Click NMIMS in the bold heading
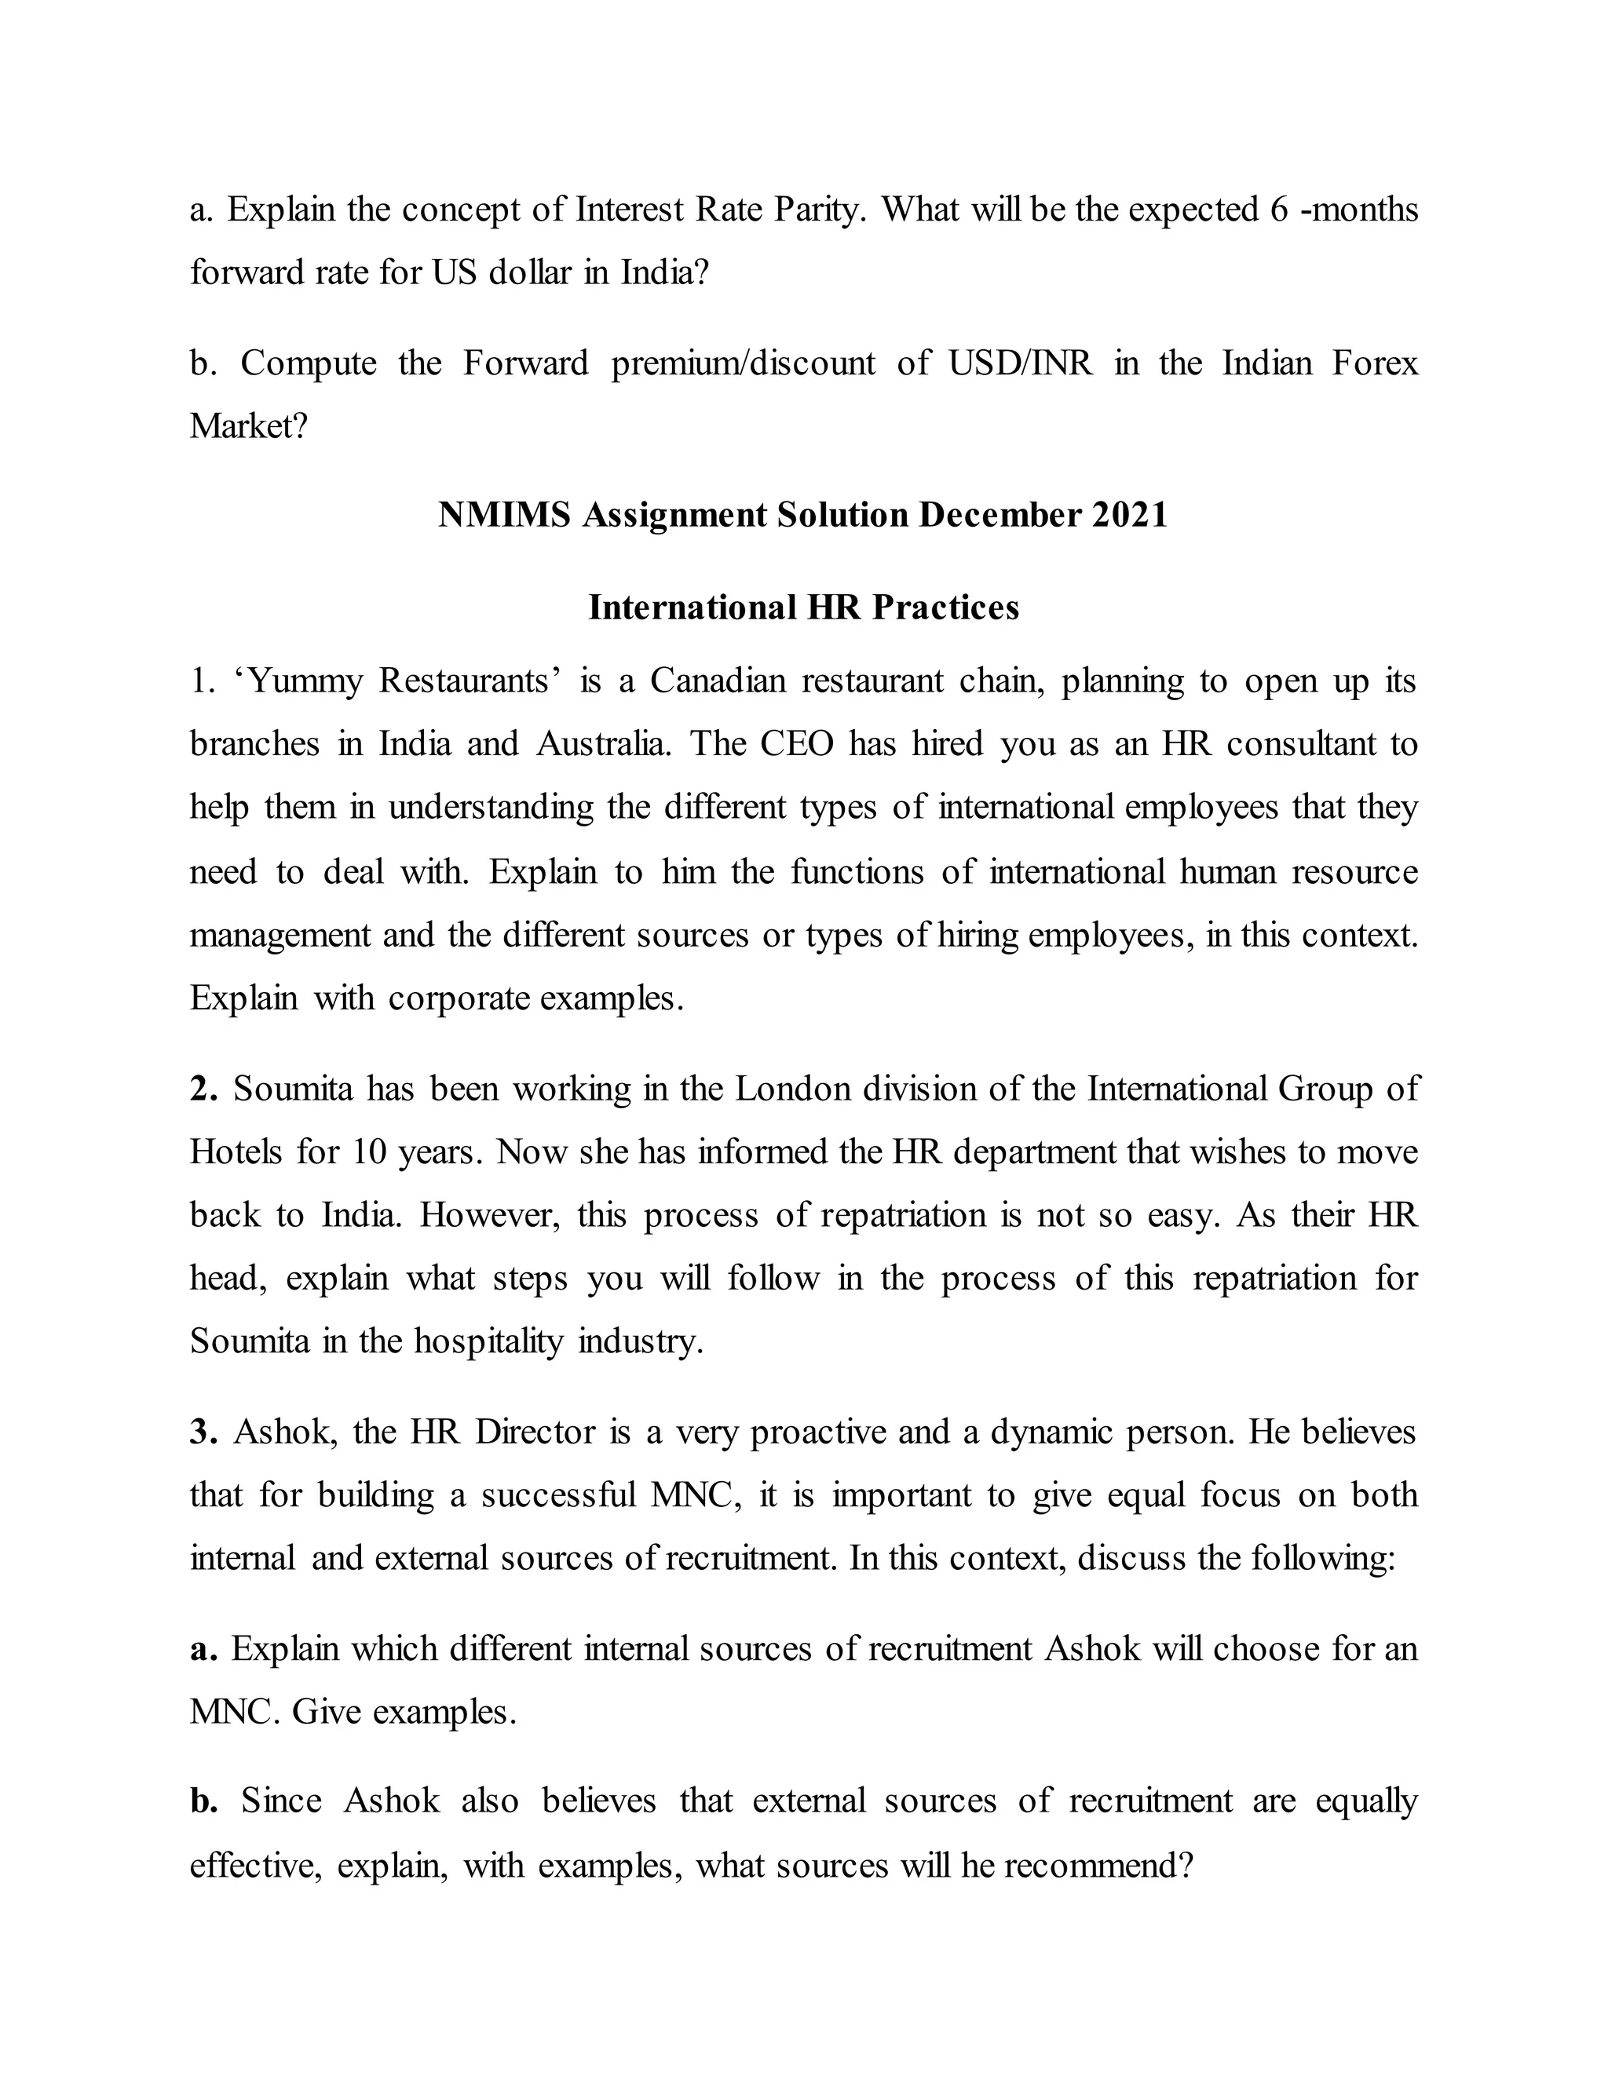pyautogui.click(x=504, y=515)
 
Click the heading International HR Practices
pyautogui.click(x=803, y=608)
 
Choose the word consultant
pyautogui.click(x=1299, y=745)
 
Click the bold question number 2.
pyautogui.click(x=203, y=1089)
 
